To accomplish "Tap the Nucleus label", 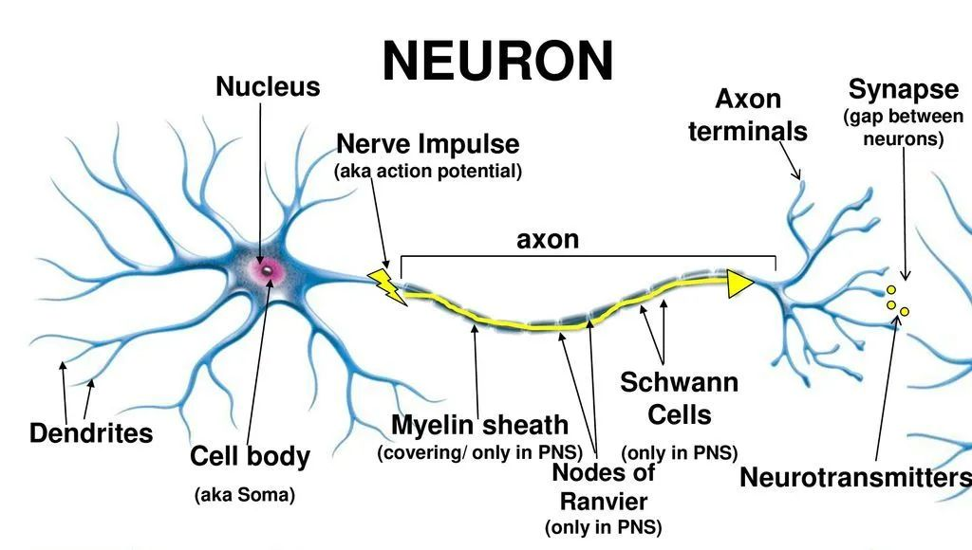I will click(268, 87).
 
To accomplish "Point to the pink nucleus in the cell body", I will click(270, 270).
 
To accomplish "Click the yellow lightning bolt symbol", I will click(387, 284).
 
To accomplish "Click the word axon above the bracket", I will click(548, 239).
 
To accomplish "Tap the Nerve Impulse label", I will click(428, 144).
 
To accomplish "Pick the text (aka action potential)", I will click(428, 172).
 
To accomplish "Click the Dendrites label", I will click(91, 434).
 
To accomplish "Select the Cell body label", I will click(250, 456).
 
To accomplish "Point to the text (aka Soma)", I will click(245, 494).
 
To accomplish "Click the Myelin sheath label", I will click(479, 425).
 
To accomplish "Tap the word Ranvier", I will click(604, 501).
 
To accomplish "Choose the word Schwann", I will click(679, 383).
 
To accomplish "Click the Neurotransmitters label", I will click(854, 477).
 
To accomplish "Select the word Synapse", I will click(904, 90).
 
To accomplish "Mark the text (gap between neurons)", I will click(904, 127).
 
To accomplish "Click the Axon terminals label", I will click(748, 115).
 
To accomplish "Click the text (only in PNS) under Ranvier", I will click(604, 527).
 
